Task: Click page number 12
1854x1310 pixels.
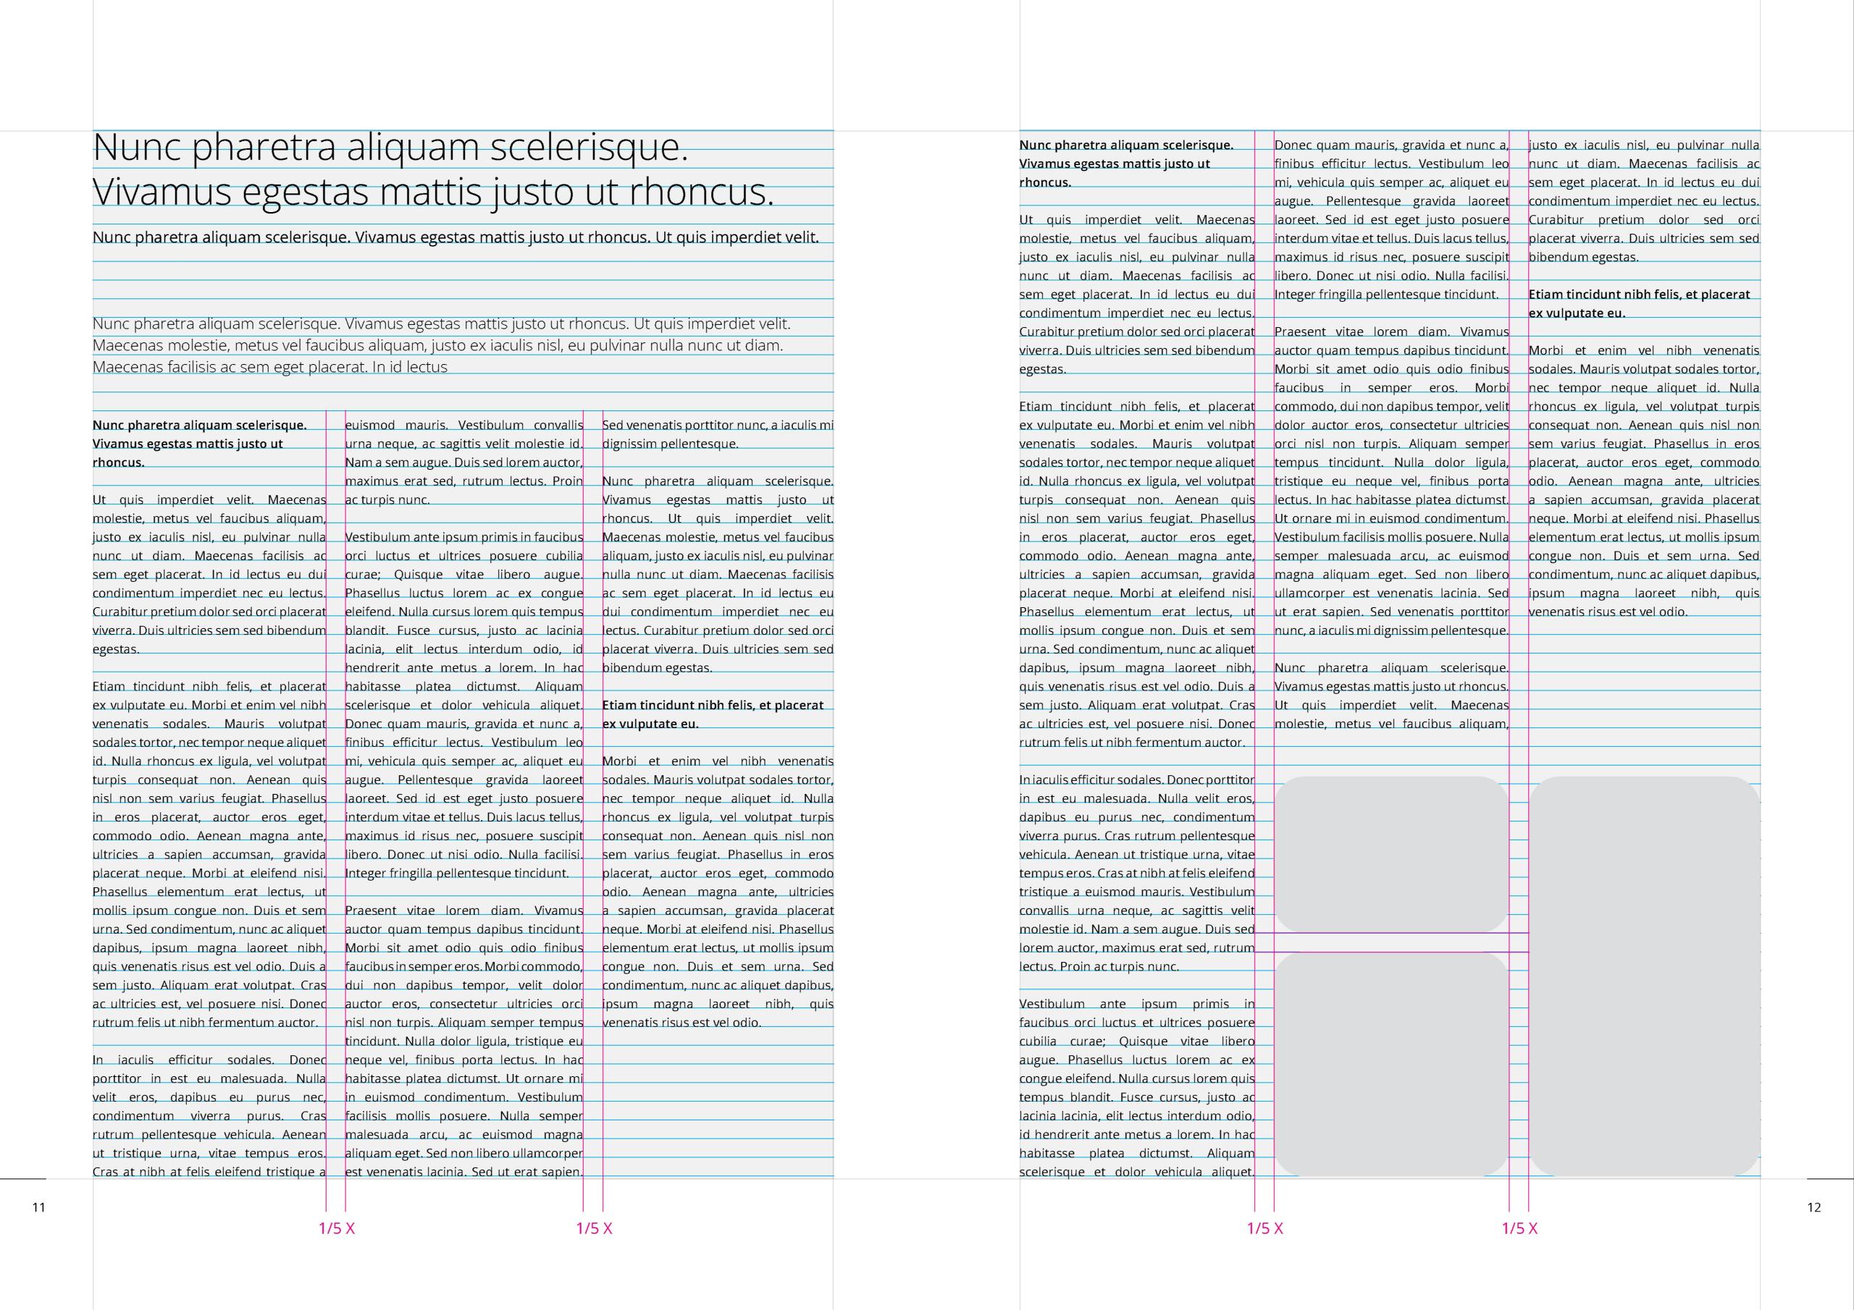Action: pyautogui.click(x=1813, y=1207)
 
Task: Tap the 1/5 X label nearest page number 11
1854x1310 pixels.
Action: pyautogui.click(x=337, y=1228)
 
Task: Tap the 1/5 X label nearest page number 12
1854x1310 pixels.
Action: pyautogui.click(x=1519, y=1228)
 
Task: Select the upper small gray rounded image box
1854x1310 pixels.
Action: pyautogui.click(x=1391, y=854)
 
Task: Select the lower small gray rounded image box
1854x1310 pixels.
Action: pyautogui.click(x=1391, y=1064)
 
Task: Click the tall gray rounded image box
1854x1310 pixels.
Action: pyautogui.click(x=1644, y=976)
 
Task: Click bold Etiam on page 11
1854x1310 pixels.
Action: pyautogui.click(x=622, y=706)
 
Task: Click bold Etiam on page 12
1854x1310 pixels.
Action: pyautogui.click(x=1548, y=295)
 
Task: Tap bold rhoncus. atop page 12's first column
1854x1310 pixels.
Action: pyautogui.click(x=1045, y=182)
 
